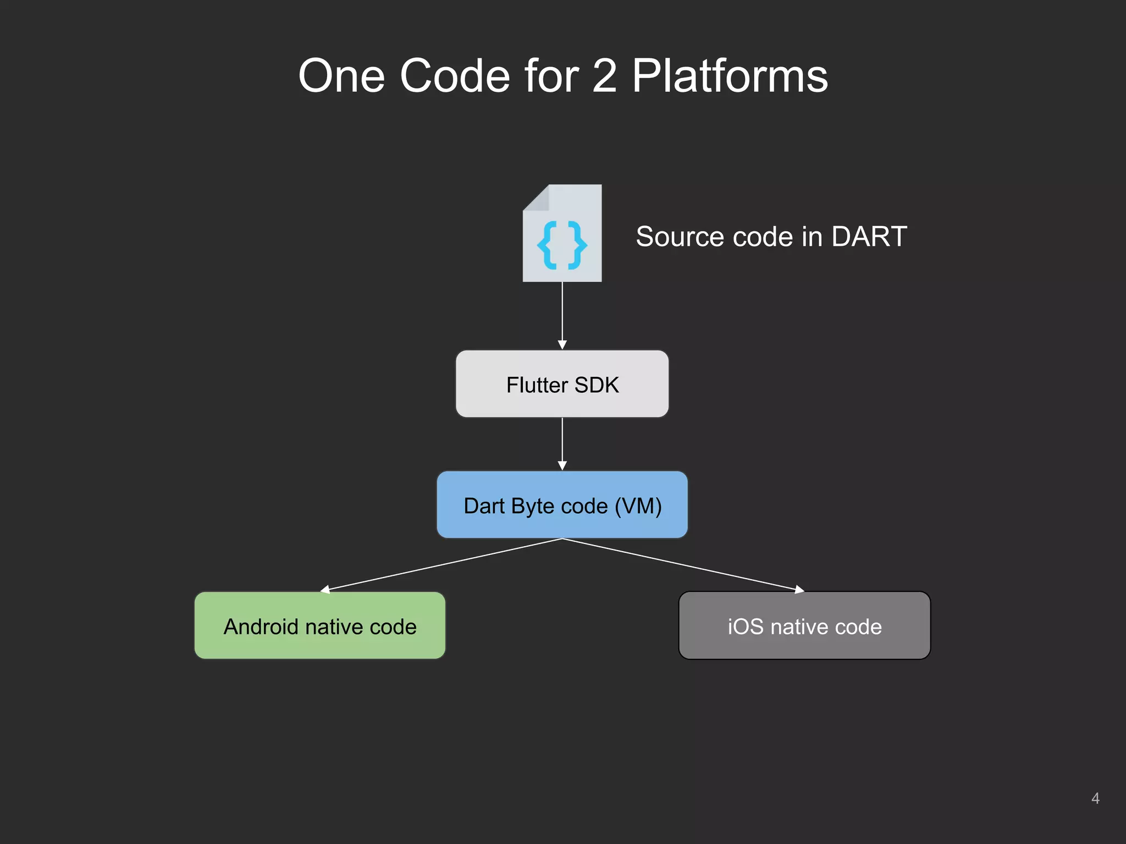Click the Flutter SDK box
click(x=562, y=384)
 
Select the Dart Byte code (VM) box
click(x=562, y=505)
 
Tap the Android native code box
click(x=320, y=625)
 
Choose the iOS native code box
click(x=804, y=625)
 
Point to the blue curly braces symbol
click(x=562, y=245)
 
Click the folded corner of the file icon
click(x=536, y=198)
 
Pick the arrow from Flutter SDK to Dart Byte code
click(x=562, y=443)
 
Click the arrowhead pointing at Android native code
click(x=325, y=590)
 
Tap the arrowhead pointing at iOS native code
click(x=799, y=590)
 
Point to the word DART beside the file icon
click(x=869, y=237)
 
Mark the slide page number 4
click(x=1095, y=798)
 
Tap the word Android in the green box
click(x=261, y=627)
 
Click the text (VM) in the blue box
click(x=638, y=506)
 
